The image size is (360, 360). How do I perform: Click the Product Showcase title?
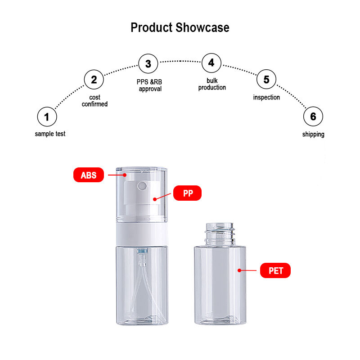(x=180, y=27)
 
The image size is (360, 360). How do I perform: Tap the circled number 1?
(x=47, y=117)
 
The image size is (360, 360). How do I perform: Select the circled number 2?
(x=94, y=80)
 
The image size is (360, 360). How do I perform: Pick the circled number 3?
(x=148, y=63)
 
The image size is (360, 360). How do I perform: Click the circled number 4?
(x=211, y=63)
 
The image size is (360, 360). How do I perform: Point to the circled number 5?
(x=266, y=79)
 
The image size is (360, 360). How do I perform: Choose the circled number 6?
(x=313, y=117)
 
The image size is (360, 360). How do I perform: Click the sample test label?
(x=50, y=134)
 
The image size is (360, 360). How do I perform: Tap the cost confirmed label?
(x=94, y=101)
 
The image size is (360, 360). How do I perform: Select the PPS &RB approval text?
(x=149, y=85)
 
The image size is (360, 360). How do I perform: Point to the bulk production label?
(x=212, y=84)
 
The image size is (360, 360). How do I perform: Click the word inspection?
(x=266, y=97)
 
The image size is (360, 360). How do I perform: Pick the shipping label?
(x=313, y=134)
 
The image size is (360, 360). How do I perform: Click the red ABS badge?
(x=89, y=175)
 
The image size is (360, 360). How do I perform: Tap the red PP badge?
(x=187, y=193)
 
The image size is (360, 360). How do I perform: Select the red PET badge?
(x=275, y=270)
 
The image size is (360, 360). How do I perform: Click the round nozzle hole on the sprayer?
(x=142, y=186)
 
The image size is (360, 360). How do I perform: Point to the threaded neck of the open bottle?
(x=220, y=234)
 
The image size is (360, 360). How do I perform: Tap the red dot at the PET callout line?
(x=239, y=270)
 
